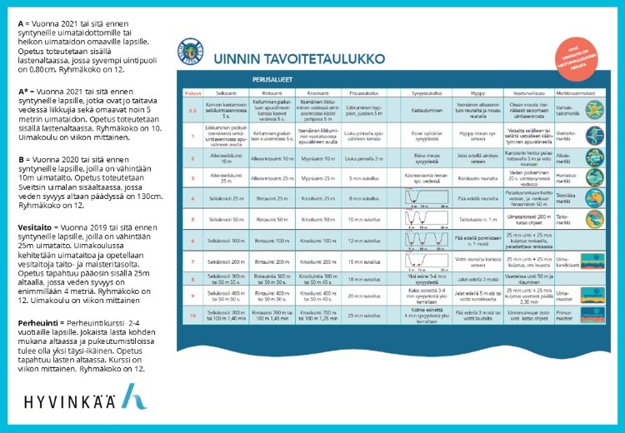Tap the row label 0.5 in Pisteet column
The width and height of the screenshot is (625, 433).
[192, 109]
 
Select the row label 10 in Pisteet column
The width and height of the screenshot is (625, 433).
[192, 315]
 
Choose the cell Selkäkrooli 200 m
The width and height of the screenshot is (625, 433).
[226, 260]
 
